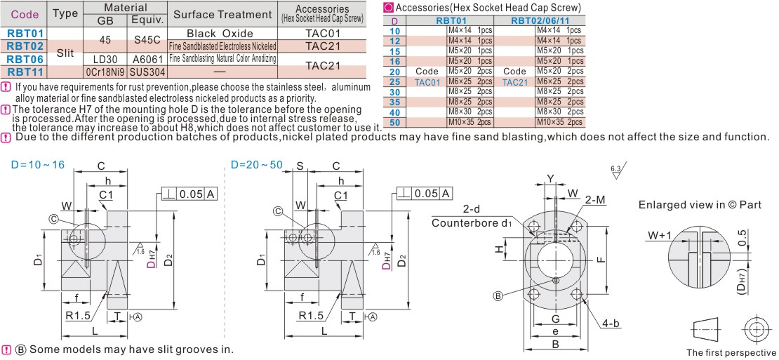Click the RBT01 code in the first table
(25, 33)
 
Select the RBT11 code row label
(25, 71)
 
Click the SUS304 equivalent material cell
(147, 72)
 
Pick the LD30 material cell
(105, 59)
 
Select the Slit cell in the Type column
(65, 52)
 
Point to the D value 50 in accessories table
(394, 122)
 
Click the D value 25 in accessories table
(394, 82)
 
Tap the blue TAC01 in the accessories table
(427, 82)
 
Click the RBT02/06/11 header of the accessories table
(539, 21)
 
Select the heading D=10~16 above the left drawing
(37, 164)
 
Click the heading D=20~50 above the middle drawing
(257, 164)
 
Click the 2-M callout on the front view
(594, 201)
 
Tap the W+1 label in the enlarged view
(660, 236)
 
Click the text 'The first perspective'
(731, 352)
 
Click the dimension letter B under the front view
(554, 345)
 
